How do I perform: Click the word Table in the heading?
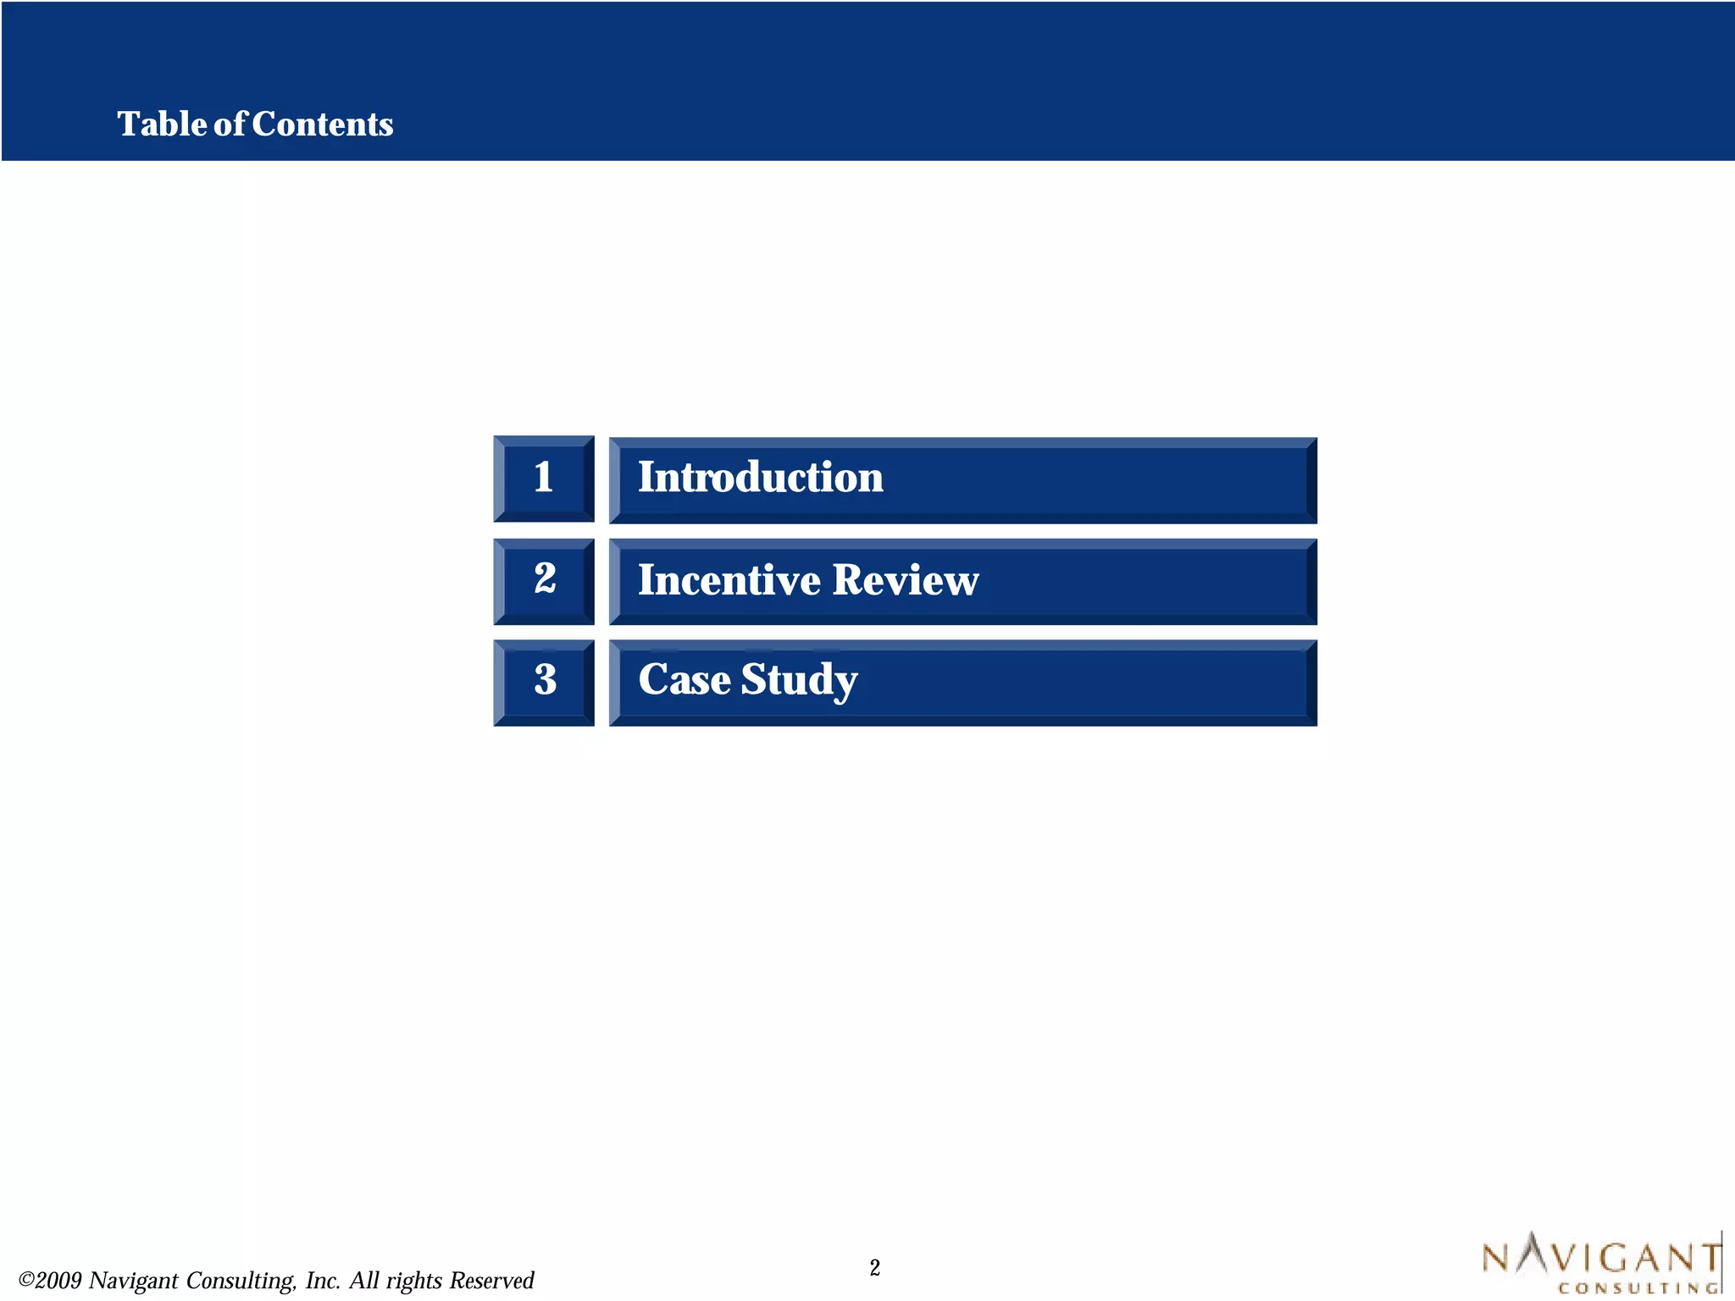[161, 125]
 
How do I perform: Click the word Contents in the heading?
[323, 125]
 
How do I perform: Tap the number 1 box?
[544, 479]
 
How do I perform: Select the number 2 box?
[544, 581]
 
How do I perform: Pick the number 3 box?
[544, 682]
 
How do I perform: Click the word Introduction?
[760, 478]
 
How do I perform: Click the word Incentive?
[729, 581]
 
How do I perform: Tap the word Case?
[684, 680]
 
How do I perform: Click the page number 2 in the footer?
[874, 1268]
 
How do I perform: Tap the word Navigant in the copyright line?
[133, 1281]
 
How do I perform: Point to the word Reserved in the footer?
[491, 1281]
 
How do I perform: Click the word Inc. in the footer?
[323, 1281]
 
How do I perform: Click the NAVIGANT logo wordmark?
[1601, 1256]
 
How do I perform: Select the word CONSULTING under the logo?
[1637, 1288]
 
